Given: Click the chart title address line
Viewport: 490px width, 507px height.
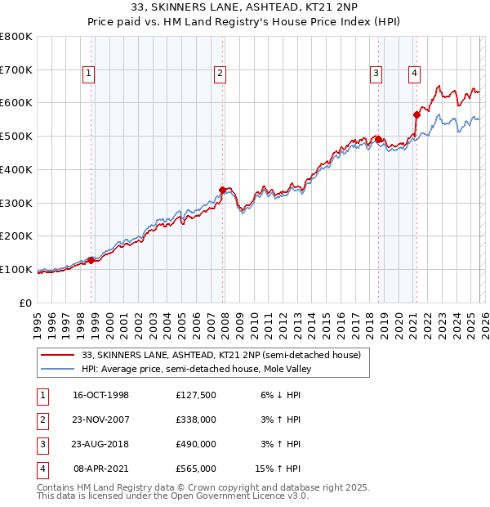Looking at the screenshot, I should point(244,8).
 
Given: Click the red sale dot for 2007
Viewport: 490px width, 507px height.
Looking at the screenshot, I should point(222,190).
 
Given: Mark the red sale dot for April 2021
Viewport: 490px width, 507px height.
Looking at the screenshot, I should point(416,114).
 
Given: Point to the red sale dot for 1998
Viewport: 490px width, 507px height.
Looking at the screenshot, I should point(91,260).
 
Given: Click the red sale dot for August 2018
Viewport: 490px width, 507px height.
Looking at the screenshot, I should point(379,140).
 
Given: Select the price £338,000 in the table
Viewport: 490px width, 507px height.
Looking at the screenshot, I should point(196,420).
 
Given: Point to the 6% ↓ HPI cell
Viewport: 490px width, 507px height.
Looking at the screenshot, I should point(278,396).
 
